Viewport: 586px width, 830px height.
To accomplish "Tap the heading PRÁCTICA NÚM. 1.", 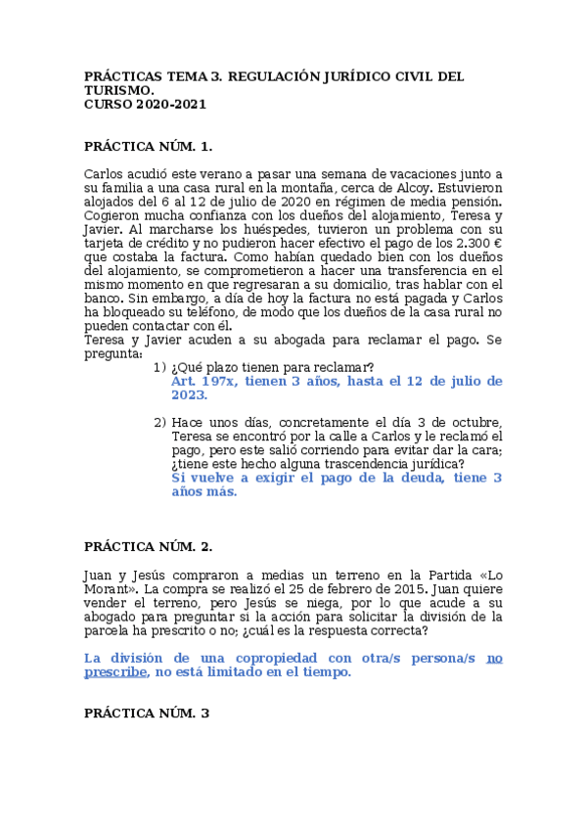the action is pyautogui.click(x=148, y=146).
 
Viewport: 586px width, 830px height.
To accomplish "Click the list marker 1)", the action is pyautogui.click(x=160, y=367).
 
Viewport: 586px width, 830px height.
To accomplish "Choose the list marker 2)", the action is pyautogui.click(x=160, y=422).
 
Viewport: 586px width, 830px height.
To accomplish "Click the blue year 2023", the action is pyautogui.click(x=189, y=394).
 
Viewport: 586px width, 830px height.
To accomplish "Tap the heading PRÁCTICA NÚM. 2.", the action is pyautogui.click(x=148, y=546).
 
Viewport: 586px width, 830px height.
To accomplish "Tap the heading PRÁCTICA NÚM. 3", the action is pyautogui.click(x=147, y=714).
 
